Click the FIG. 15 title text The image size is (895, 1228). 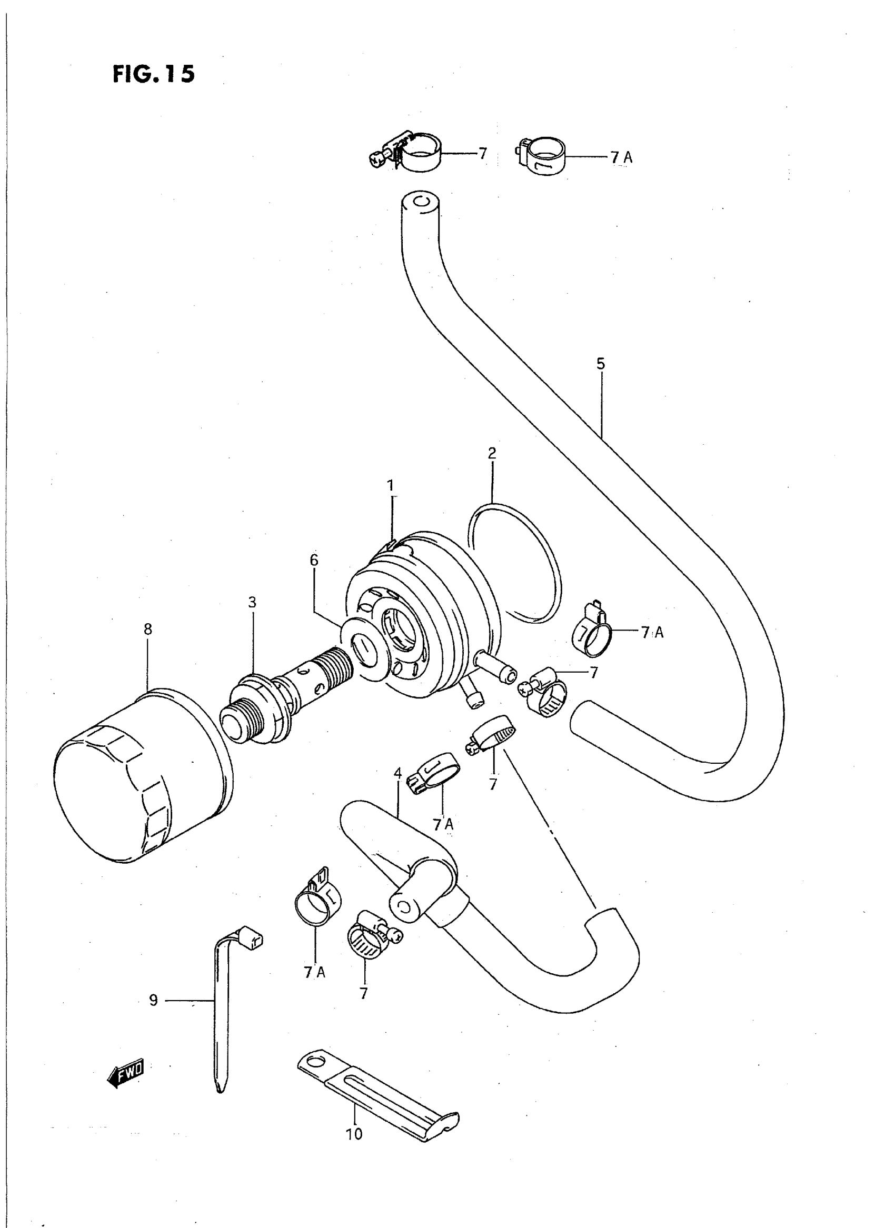153,74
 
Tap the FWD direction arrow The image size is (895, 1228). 126,1071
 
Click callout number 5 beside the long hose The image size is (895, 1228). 600,364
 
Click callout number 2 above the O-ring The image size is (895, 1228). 491,453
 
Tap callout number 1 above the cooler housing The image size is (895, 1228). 391,485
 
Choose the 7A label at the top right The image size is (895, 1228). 621,157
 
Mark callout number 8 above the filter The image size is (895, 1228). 148,630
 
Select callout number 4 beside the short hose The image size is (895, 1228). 397,774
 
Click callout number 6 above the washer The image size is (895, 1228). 314,560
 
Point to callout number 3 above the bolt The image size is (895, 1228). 252,602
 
